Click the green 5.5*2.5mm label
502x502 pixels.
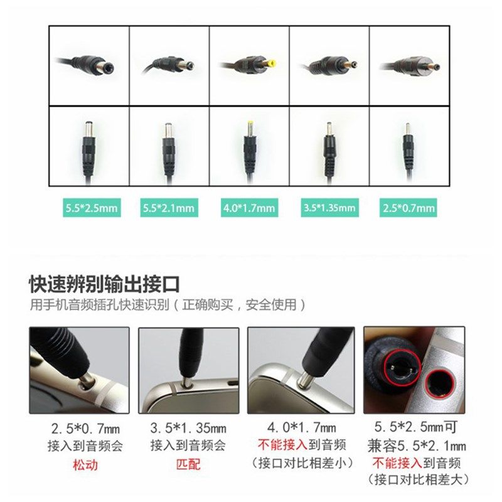(x=88, y=208)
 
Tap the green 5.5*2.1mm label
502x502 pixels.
(x=169, y=208)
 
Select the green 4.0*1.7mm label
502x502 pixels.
(x=249, y=208)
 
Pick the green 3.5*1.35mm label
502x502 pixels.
(x=329, y=208)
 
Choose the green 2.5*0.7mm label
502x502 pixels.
(x=409, y=208)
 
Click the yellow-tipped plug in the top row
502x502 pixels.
(x=248, y=64)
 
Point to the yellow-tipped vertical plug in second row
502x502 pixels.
(x=249, y=146)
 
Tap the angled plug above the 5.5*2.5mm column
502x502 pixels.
(x=88, y=65)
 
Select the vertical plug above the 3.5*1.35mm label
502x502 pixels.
(x=328, y=148)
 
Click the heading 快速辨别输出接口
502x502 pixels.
(x=104, y=284)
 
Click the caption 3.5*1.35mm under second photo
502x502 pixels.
(x=188, y=429)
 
